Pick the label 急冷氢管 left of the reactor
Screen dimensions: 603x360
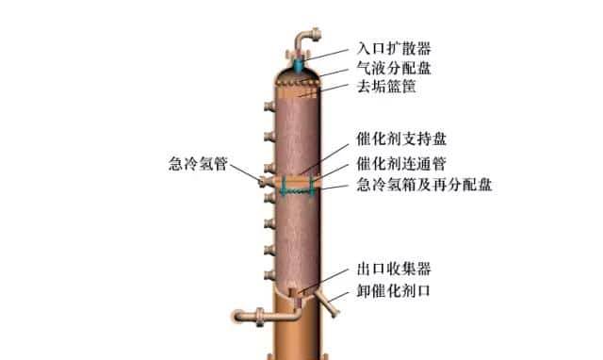click(201, 161)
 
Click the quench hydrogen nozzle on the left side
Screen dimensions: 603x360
click(269, 181)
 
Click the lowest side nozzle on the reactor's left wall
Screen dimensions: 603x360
click(269, 272)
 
